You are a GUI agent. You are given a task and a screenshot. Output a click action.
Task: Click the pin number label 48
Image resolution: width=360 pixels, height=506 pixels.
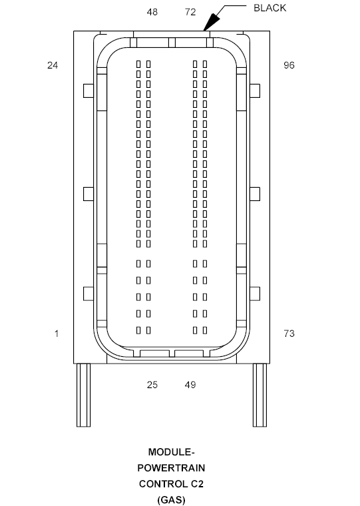pyautogui.click(x=152, y=12)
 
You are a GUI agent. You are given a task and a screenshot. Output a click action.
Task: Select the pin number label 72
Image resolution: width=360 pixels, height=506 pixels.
pyautogui.click(x=190, y=12)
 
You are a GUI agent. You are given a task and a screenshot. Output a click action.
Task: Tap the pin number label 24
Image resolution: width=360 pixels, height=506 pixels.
pyautogui.click(x=53, y=65)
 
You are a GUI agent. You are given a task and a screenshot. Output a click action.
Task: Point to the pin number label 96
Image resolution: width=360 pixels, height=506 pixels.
pyautogui.click(x=289, y=65)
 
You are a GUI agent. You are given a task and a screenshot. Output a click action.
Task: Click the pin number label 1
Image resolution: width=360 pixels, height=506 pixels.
pyautogui.click(x=57, y=334)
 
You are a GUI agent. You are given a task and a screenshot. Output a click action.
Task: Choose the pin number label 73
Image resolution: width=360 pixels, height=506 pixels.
pyautogui.click(x=289, y=334)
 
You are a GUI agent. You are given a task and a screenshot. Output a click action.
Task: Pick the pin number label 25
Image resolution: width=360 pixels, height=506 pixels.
pyautogui.click(x=152, y=385)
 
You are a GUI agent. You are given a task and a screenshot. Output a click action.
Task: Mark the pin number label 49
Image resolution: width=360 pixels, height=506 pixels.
pyautogui.click(x=190, y=385)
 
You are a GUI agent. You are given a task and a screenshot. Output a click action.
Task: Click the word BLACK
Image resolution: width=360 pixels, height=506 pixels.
pyautogui.click(x=270, y=8)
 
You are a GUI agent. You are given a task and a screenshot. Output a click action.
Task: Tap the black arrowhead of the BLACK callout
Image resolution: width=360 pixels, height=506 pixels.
pyautogui.click(x=211, y=22)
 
